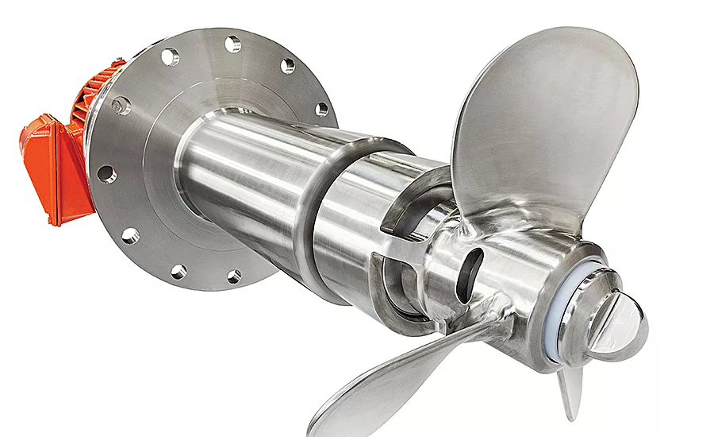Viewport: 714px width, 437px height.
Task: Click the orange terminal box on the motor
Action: click(x=50, y=167)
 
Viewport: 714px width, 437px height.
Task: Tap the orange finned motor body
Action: click(x=94, y=95)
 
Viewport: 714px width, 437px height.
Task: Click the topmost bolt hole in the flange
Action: click(x=232, y=44)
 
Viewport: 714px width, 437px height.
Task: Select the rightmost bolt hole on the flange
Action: click(x=321, y=110)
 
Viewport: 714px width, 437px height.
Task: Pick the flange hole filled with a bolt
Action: click(x=121, y=105)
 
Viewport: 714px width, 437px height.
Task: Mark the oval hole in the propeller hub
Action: click(x=469, y=274)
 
